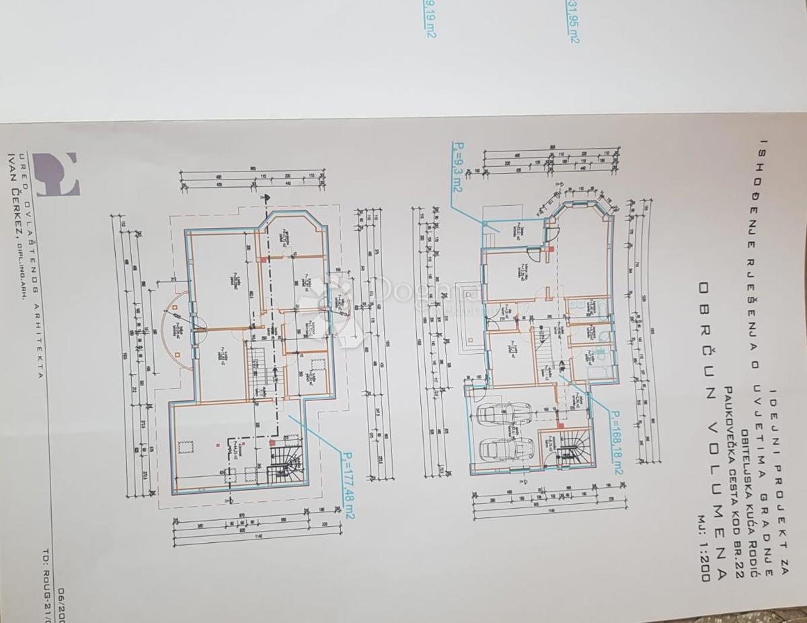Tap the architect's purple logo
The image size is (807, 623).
tap(56, 174)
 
